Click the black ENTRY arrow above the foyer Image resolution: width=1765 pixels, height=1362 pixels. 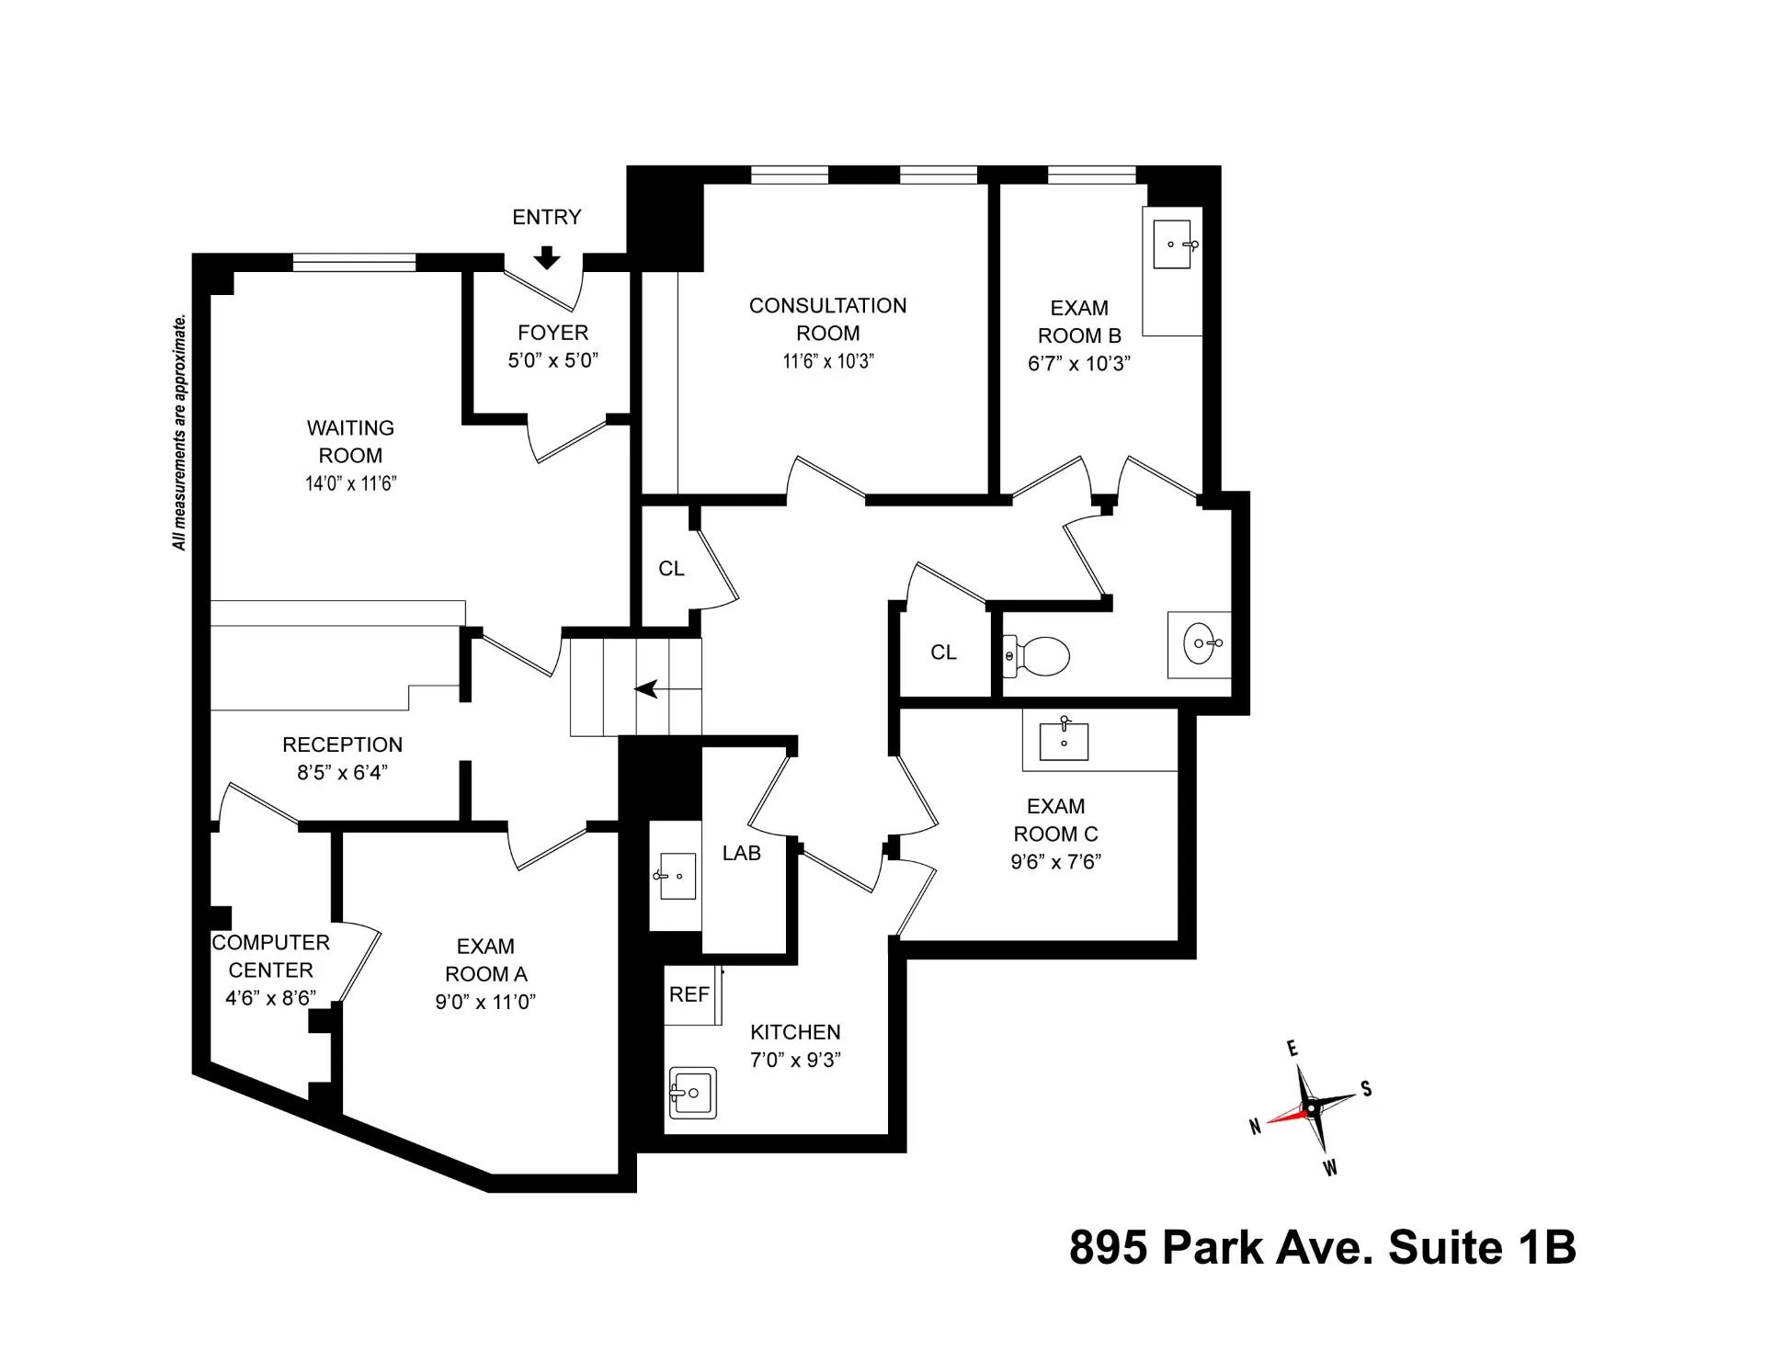pyautogui.click(x=547, y=258)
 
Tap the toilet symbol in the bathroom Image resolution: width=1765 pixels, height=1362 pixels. pyautogui.click(x=1037, y=656)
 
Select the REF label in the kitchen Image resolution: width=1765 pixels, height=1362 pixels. pyautogui.click(x=689, y=994)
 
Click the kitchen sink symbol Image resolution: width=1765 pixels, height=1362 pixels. pyautogui.click(x=692, y=1093)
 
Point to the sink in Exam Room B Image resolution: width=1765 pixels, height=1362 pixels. pyautogui.click(x=1173, y=244)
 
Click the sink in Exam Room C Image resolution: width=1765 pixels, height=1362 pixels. pyautogui.click(x=1064, y=741)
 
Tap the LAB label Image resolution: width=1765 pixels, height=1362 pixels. pyautogui.click(x=741, y=853)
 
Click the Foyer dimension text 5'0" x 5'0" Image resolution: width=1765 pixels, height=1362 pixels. pyautogui.click(x=552, y=360)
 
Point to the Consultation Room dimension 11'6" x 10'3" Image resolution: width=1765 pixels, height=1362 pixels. pyautogui.click(x=827, y=361)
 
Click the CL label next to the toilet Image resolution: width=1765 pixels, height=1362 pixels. pyautogui.click(x=943, y=653)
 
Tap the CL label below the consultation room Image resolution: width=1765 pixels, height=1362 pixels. pyautogui.click(x=671, y=569)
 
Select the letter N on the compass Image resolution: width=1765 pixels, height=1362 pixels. pyautogui.click(x=1255, y=1127)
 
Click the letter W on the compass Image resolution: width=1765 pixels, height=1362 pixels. pyautogui.click(x=1330, y=1169)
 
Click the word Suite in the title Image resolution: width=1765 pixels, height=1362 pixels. pyautogui.click(x=1442, y=1248)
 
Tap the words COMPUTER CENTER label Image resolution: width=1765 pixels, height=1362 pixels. pyautogui.click(x=270, y=956)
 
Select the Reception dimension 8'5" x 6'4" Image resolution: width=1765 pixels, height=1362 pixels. pyautogui.click(x=342, y=773)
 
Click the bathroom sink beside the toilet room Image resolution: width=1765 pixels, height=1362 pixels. pyautogui.click(x=1201, y=643)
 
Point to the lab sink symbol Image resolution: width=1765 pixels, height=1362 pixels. pyautogui.click(x=677, y=877)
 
